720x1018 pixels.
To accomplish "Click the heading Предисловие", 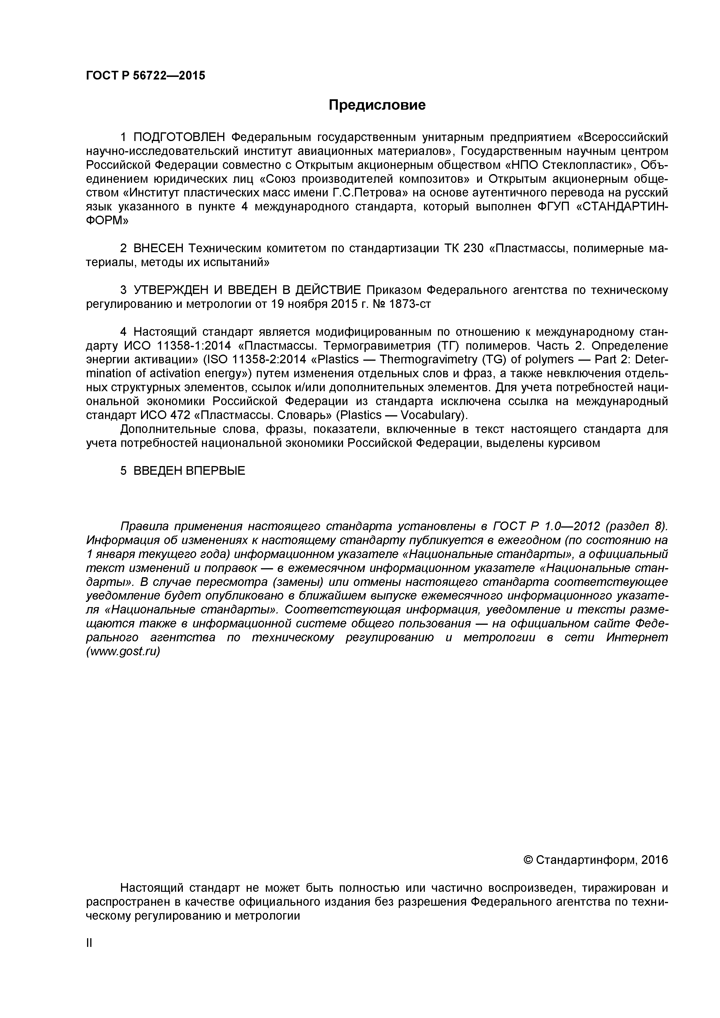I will click(377, 105).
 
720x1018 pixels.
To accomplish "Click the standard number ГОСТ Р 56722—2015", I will click(145, 76).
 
